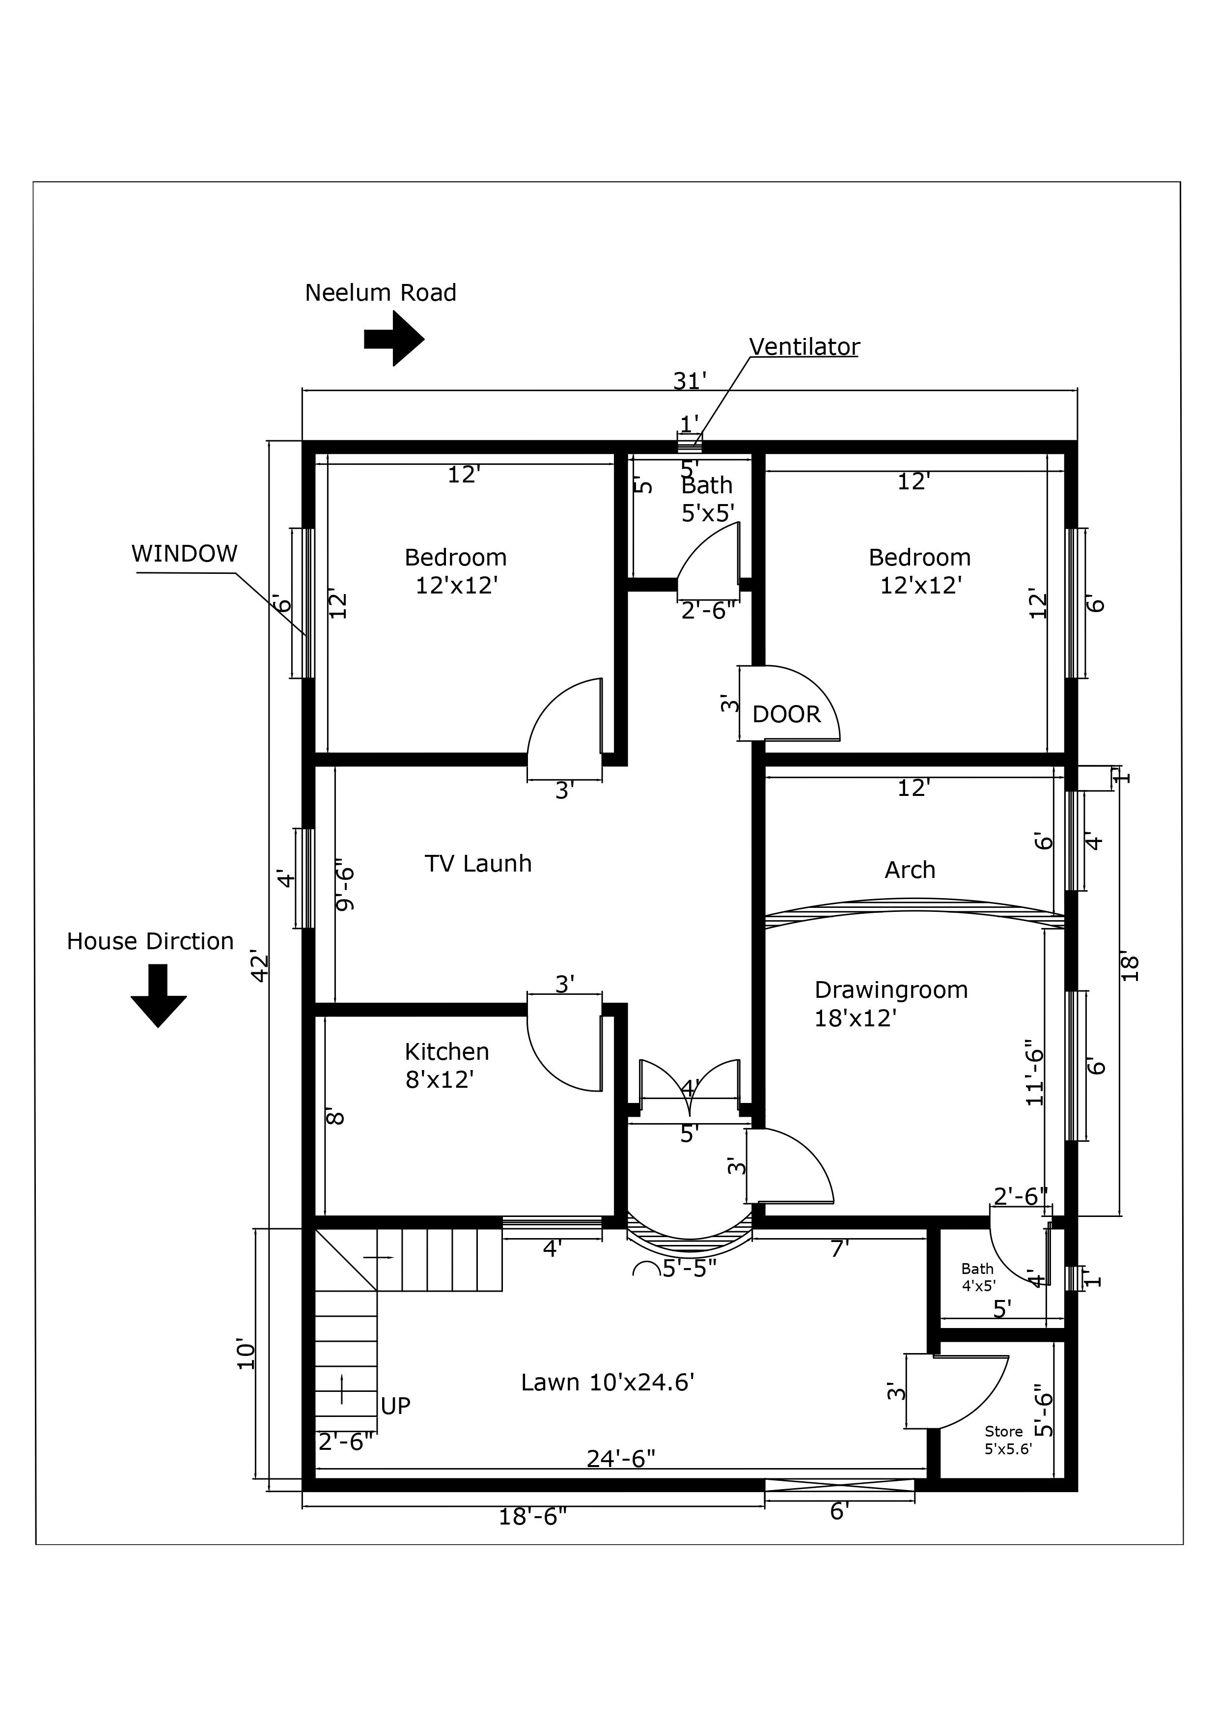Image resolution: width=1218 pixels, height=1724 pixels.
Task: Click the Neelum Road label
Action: pyautogui.click(x=381, y=293)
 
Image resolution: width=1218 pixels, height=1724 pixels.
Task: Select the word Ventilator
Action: pyautogui.click(x=804, y=347)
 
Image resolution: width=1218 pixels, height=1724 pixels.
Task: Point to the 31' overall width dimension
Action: pyautogui.click(x=690, y=381)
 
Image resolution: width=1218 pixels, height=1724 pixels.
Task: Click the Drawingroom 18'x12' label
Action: pyautogui.click(x=891, y=1003)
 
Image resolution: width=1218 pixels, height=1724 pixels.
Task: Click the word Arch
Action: pyautogui.click(x=910, y=870)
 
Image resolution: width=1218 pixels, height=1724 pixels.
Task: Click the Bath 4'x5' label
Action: pyautogui.click(x=978, y=1276)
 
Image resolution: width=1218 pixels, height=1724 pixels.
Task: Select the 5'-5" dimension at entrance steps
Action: pyautogui.click(x=689, y=1269)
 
